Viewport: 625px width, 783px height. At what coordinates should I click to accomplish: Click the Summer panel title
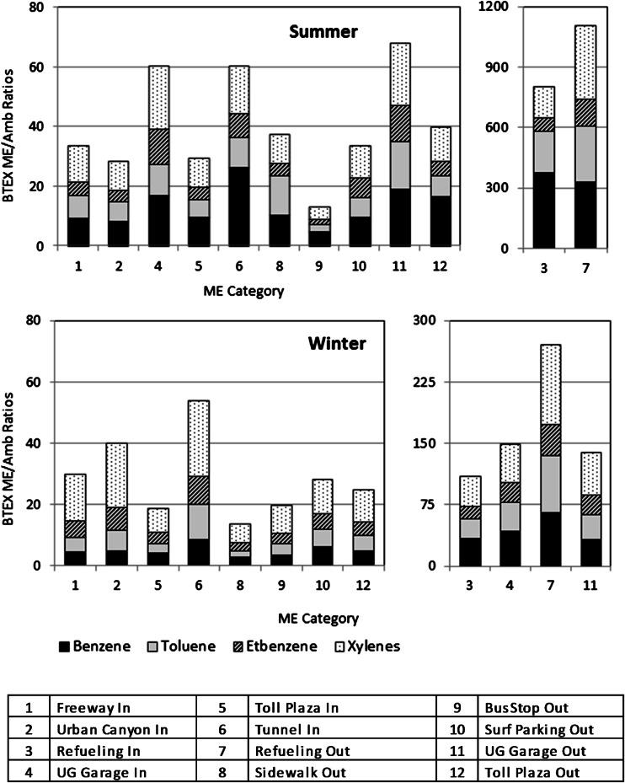tap(323, 32)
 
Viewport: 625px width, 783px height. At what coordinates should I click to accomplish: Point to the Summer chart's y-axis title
tap(13, 126)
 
